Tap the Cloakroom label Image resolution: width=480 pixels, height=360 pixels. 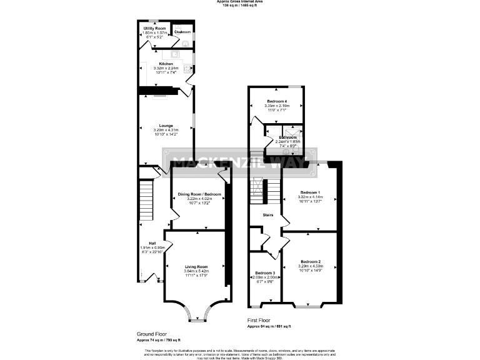tap(182, 31)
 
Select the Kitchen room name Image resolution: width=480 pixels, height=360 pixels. tap(166, 64)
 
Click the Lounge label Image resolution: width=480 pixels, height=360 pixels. tap(166, 126)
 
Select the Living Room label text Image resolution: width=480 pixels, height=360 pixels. tap(196, 267)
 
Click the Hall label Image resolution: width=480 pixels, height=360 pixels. tap(152, 243)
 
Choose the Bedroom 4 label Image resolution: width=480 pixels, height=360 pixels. tap(277, 101)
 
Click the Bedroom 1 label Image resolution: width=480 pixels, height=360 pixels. tap(310, 192)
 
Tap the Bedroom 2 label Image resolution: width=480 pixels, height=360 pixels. tap(310, 261)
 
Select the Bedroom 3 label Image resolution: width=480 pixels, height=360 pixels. tap(265, 273)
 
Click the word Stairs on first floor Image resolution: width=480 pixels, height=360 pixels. tap(268, 215)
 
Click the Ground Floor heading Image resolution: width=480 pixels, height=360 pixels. tap(152, 334)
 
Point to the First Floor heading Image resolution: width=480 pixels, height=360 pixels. tap(261, 321)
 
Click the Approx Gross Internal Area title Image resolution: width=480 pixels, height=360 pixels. tap(240, 2)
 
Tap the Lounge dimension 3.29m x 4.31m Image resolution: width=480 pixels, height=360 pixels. tap(166, 130)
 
